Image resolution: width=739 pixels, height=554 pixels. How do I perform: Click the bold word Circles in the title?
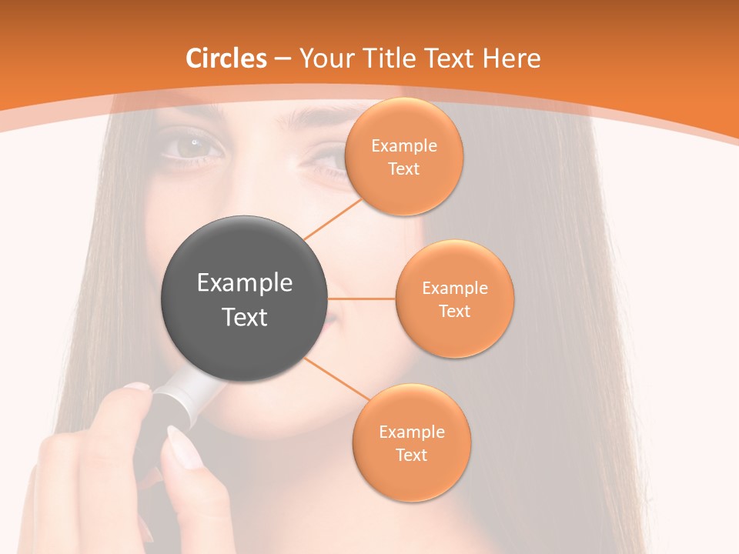click(226, 58)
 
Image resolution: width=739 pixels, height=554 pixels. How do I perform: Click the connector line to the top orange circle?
click(333, 219)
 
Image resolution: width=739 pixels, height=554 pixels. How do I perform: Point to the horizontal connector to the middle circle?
click(362, 299)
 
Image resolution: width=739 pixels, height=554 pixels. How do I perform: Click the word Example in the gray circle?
click(245, 283)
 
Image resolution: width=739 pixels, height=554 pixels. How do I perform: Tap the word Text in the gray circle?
click(245, 317)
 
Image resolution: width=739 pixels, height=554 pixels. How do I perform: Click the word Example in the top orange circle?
click(403, 146)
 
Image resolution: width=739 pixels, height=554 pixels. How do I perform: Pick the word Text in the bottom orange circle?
click(411, 455)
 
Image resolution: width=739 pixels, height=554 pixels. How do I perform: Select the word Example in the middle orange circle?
click(454, 289)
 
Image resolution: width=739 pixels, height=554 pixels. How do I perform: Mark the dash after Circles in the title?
click(282, 59)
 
